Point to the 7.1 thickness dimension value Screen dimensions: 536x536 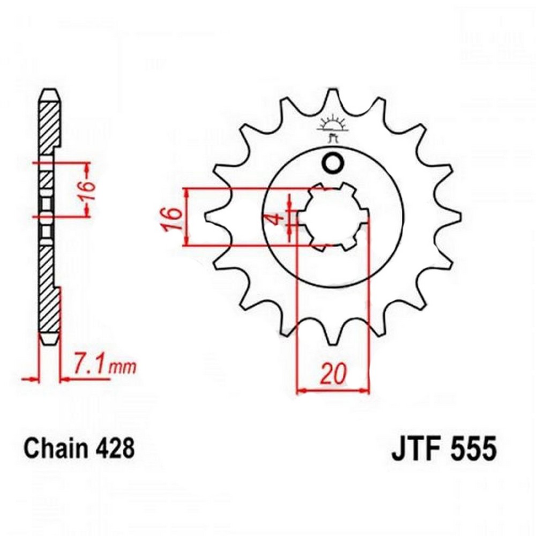(88, 365)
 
